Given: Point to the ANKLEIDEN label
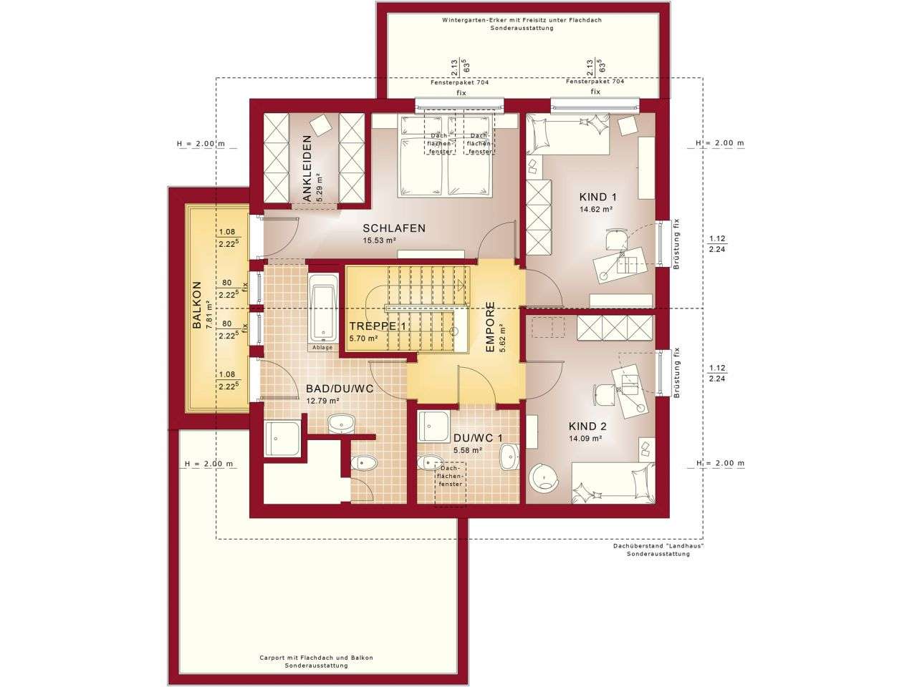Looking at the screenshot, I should pos(307,168).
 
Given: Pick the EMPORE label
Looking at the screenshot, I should pos(491,326).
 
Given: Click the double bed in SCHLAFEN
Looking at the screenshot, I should pos(447,155).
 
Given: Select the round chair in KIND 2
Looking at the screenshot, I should pos(544,477).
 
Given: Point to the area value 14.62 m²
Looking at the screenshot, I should pos(596,210).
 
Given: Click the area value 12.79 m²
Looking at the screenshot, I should pos(323,401).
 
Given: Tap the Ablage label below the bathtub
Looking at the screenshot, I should pos(322,347).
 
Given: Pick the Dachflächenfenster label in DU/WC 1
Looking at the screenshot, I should pos(450,477).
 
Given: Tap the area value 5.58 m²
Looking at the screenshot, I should pos(468,450).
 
